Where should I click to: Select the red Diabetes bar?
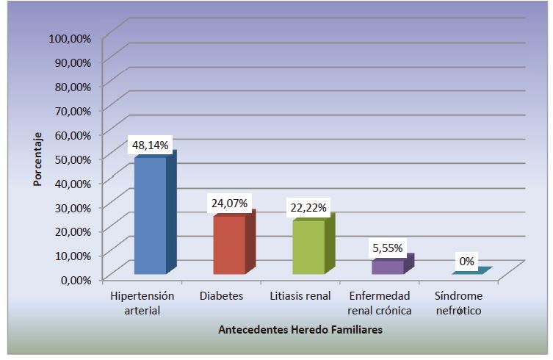(x=228, y=245)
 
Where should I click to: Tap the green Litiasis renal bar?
(x=308, y=248)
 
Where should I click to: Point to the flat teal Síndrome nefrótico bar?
(x=469, y=272)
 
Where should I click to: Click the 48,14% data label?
(x=151, y=145)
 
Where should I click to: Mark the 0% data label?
(x=467, y=261)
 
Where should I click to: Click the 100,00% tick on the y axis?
(x=70, y=37)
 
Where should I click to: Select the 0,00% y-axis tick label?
(x=74, y=279)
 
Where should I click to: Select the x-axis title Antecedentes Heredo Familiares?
(x=300, y=331)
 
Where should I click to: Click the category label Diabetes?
(x=221, y=296)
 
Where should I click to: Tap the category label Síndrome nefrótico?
(x=460, y=303)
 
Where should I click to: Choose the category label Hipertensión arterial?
(x=142, y=303)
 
